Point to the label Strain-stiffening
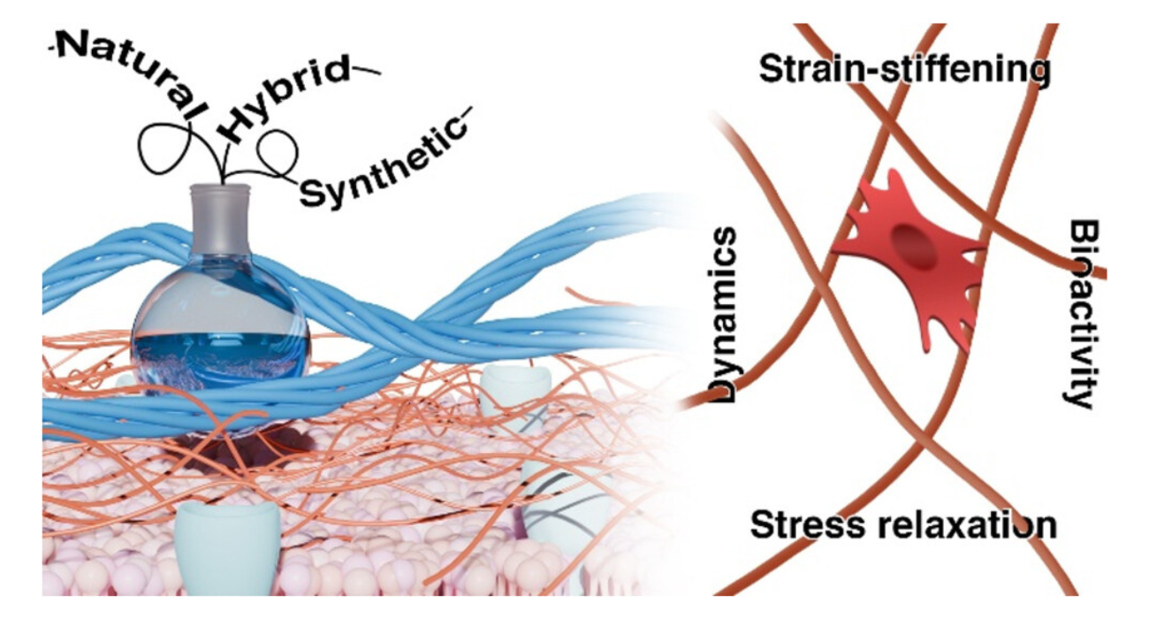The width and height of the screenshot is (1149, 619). [904, 71]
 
